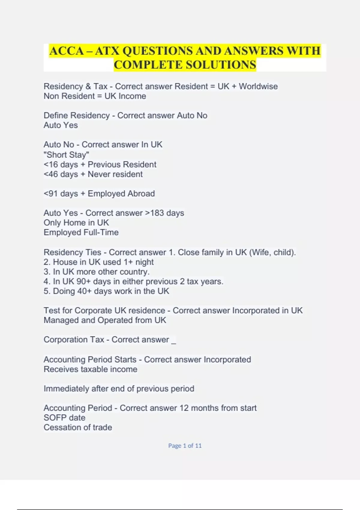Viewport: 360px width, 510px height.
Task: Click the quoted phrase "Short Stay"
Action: pyautogui.click(x=66, y=155)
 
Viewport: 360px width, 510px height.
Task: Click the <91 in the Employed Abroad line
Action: pyautogui.click(x=50, y=194)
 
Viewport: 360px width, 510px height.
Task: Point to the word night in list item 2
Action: pyautogui.click(x=144, y=262)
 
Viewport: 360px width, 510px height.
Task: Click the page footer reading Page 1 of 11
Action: pyautogui.click(x=185, y=446)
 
